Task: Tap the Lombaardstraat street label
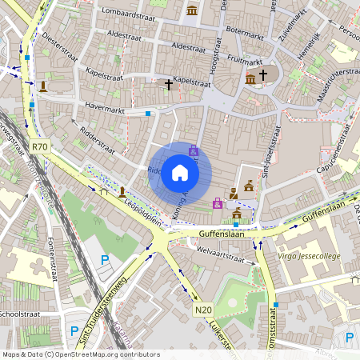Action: pyautogui.click(x=135, y=13)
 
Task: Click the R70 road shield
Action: pyautogui.click(x=41, y=146)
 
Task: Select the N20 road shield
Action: pyautogui.click(x=204, y=309)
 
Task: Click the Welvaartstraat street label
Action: pyautogui.click(x=220, y=257)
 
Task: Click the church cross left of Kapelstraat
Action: pyautogui.click(x=168, y=83)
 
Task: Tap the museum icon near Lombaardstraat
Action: pyautogui.click(x=192, y=10)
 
